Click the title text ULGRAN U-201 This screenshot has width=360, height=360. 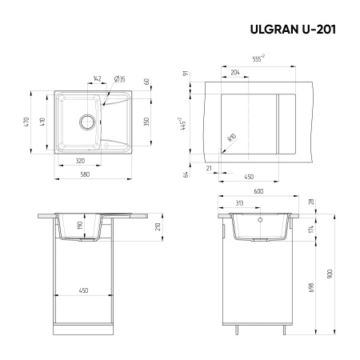click(289, 30)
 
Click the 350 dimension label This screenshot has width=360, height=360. click(146, 122)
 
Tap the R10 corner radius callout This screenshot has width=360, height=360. click(232, 137)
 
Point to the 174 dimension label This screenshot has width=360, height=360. click(310, 230)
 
